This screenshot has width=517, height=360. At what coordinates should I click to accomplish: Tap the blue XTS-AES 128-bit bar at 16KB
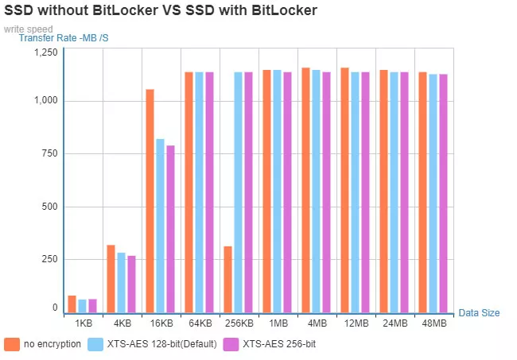click(160, 226)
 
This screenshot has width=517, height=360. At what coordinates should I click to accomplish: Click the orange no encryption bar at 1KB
click(72, 304)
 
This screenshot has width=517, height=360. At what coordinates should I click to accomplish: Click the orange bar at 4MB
click(305, 191)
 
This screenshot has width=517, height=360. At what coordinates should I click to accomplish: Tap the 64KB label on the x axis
click(200, 323)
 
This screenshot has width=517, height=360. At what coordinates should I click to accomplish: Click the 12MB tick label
click(355, 323)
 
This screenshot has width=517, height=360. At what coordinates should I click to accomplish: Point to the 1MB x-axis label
click(278, 323)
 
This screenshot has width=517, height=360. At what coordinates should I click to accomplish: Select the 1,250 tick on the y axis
click(45, 52)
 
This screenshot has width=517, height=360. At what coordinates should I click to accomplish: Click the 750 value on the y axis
click(49, 154)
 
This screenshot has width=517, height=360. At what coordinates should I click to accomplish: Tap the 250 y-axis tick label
click(49, 259)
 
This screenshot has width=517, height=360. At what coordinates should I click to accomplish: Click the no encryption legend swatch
click(11, 344)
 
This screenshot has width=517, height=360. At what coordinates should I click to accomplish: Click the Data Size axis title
click(479, 313)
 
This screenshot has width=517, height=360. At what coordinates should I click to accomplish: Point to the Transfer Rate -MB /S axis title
click(64, 37)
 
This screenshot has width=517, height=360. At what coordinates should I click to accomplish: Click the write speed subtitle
click(28, 29)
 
